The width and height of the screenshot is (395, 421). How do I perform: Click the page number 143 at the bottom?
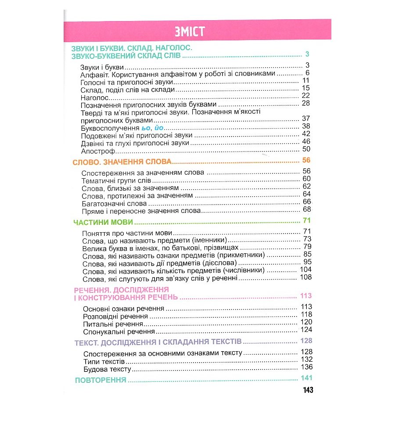308,390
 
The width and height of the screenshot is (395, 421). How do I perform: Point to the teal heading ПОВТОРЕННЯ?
101,380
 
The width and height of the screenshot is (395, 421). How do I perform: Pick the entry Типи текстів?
104,361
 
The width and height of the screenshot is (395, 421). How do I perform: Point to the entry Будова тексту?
107,369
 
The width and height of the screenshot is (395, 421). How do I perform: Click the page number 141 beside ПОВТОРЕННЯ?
306,379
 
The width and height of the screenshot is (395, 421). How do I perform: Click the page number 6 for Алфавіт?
308,73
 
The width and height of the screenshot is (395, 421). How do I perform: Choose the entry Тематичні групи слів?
117,180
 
